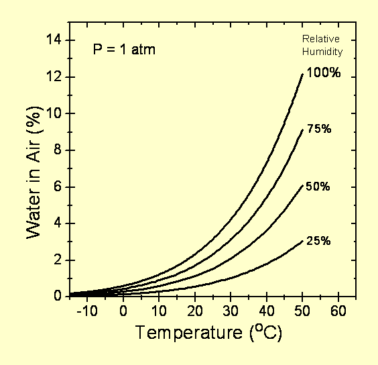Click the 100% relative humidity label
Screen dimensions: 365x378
[324, 74]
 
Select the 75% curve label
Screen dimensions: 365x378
[319, 128]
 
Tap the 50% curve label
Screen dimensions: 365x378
[318, 187]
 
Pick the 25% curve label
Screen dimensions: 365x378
[318, 241]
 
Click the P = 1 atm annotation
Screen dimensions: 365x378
[124, 50]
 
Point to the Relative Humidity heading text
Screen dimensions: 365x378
[323, 44]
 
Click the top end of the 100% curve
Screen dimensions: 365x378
[302, 74]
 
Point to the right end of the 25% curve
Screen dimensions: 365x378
[302, 241]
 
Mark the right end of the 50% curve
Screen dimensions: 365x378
[302, 185]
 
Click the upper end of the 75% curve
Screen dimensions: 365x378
[302, 129]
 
